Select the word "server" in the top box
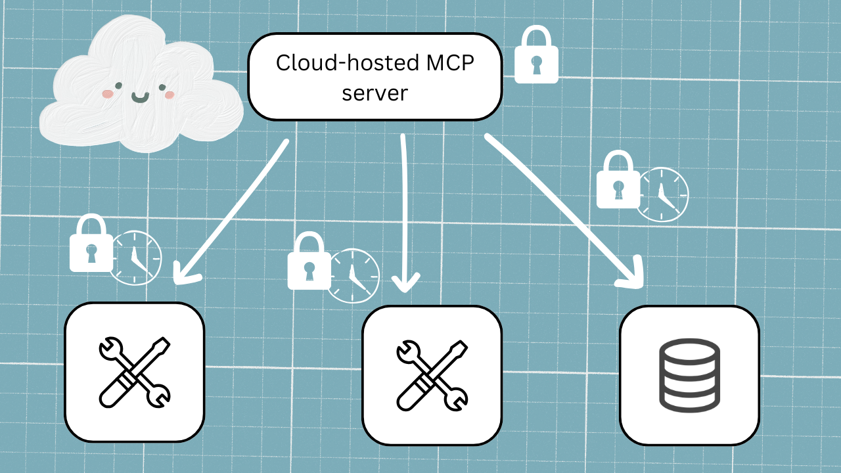(375, 93)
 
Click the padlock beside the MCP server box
(536, 56)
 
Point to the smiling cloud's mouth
(140, 98)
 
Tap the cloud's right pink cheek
(169, 95)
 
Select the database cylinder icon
(689, 374)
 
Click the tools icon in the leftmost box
(134, 371)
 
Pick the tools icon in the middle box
(432, 374)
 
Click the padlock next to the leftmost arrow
(91, 245)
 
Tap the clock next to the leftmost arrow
(135, 258)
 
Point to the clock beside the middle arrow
(353, 275)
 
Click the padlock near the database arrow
(618, 181)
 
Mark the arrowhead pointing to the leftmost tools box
(184, 273)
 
